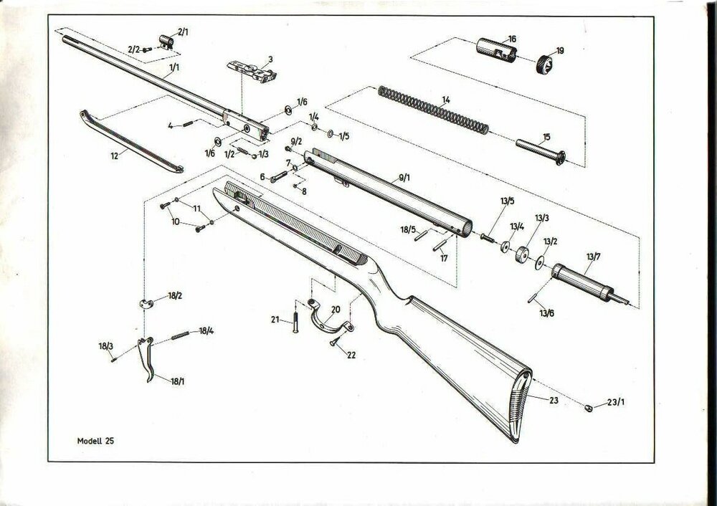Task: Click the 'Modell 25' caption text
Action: pyautogui.click(x=95, y=441)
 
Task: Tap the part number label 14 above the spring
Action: pyautogui.click(x=445, y=100)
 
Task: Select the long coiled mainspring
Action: pyautogui.click(x=433, y=111)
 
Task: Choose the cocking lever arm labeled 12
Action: pyautogui.click(x=129, y=141)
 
